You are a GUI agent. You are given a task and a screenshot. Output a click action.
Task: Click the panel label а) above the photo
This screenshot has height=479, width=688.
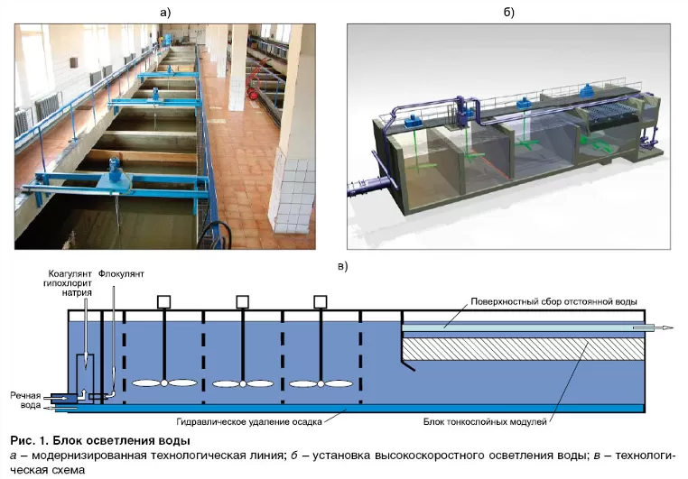click(x=164, y=12)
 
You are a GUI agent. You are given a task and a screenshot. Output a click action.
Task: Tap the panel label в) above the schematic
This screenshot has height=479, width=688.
click(x=342, y=265)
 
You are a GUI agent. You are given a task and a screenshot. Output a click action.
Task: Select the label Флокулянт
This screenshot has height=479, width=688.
click(x=121, y=272)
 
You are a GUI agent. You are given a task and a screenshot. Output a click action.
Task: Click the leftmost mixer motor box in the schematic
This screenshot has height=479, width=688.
click(x=163, y=301)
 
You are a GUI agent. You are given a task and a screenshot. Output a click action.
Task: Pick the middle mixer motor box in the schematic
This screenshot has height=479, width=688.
click(x=242, y=301)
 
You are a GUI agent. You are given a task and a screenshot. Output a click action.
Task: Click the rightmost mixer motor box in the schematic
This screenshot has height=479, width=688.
click(x=321, y=301)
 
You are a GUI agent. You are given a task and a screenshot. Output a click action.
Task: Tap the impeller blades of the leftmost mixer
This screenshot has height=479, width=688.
click(x=163, y=383)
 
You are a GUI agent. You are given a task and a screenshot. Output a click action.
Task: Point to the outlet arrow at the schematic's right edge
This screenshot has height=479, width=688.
click(x=664, y=328)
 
